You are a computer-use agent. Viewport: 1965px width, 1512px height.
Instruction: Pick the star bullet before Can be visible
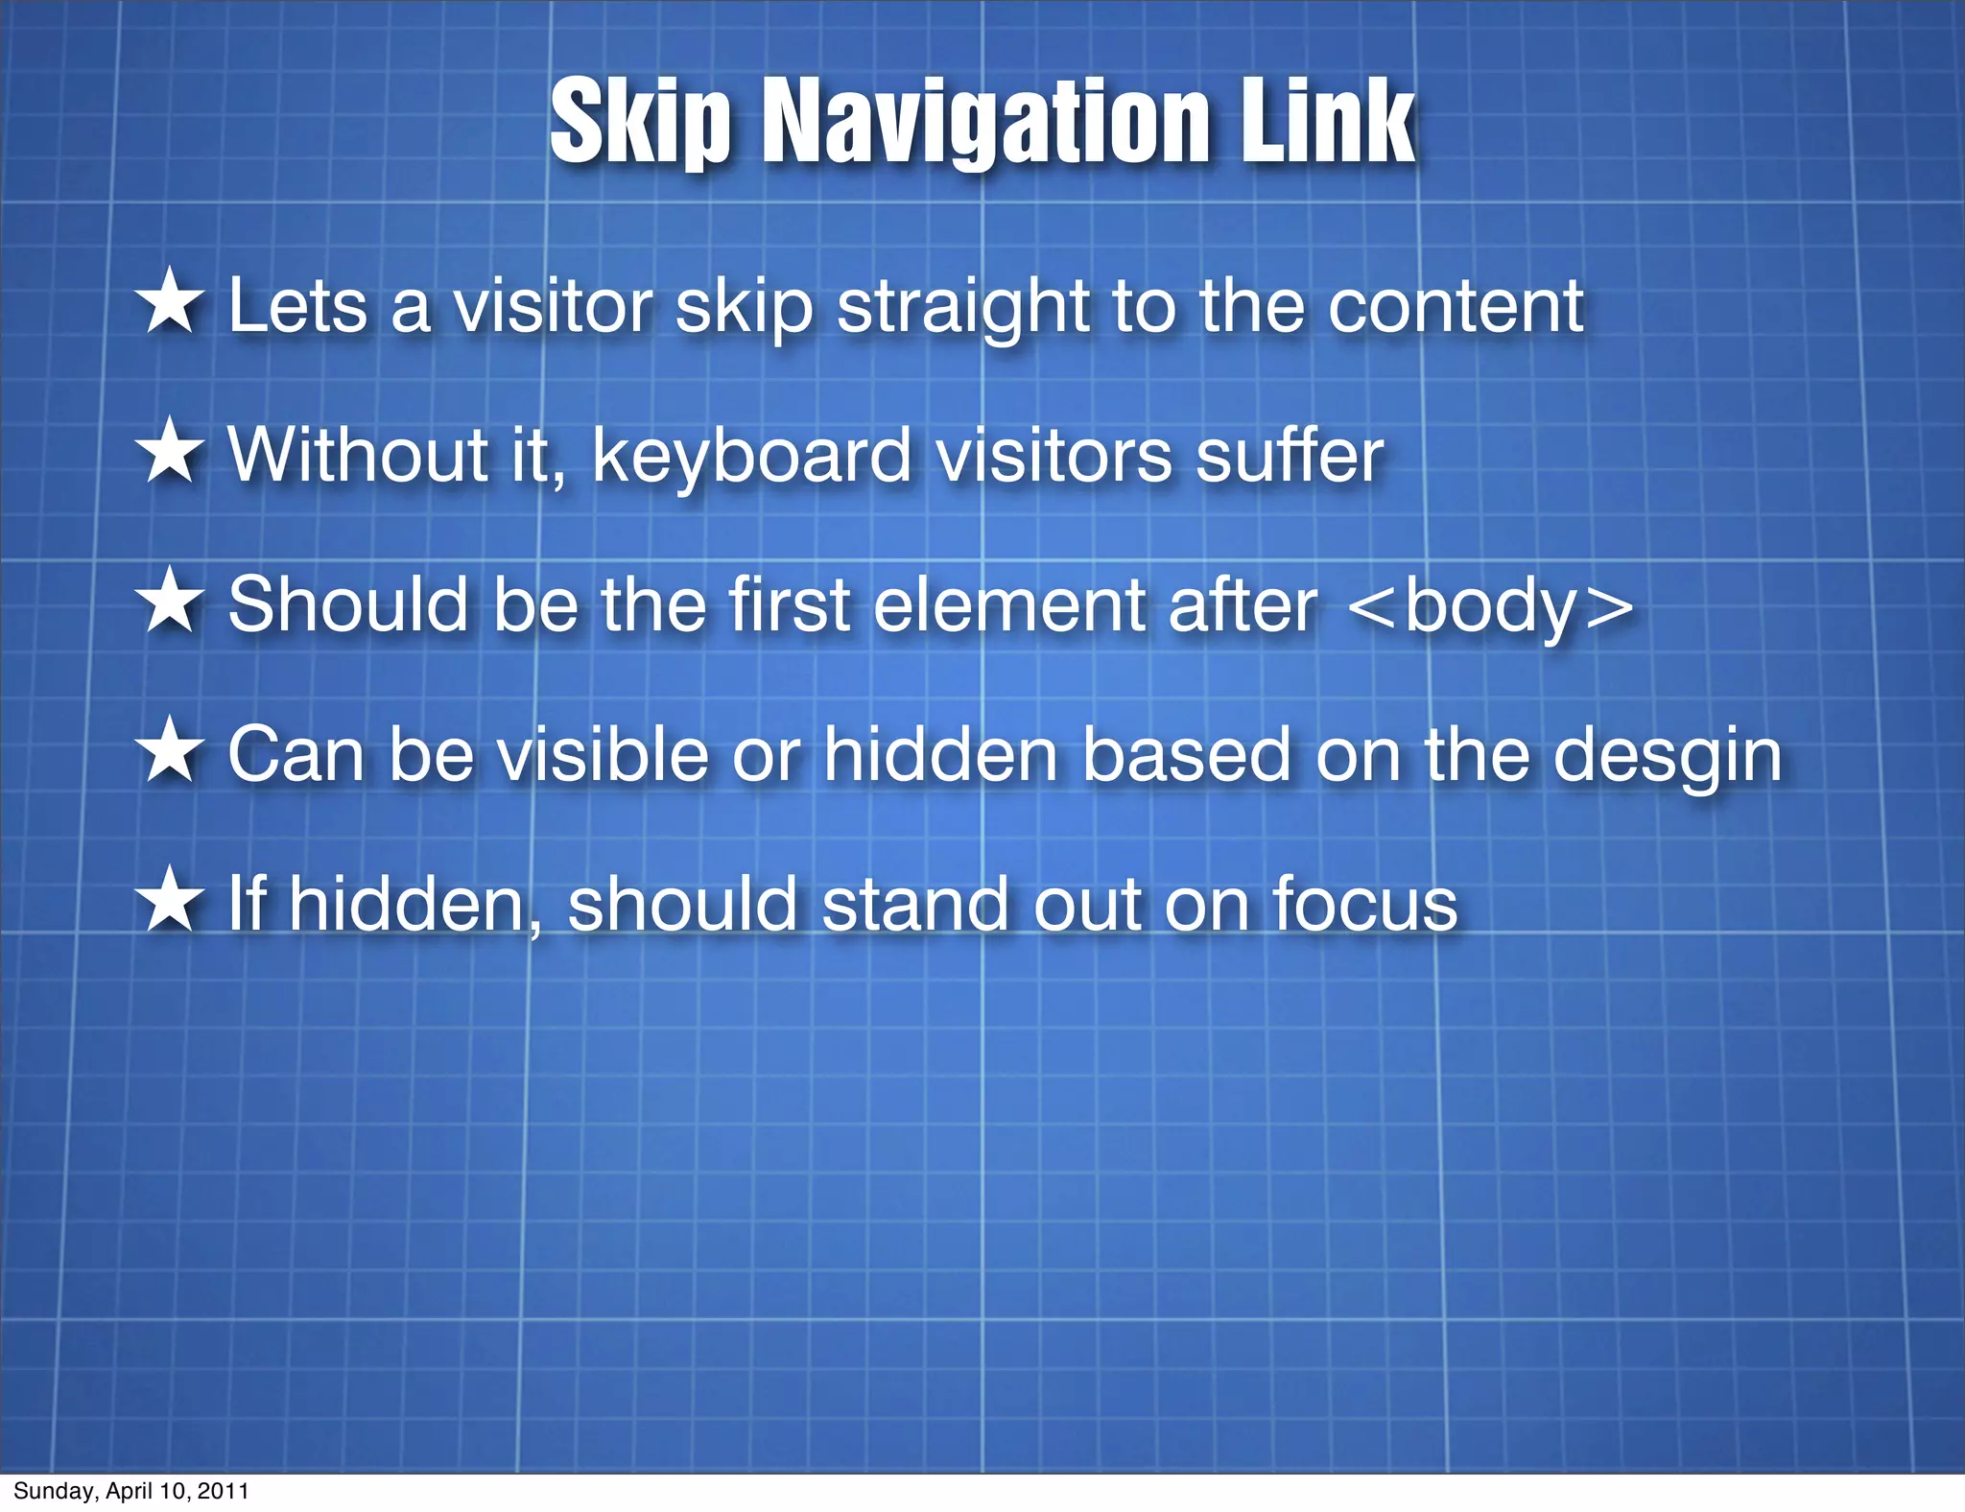point(170,750)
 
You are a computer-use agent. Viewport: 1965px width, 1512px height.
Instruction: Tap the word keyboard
point(751,457)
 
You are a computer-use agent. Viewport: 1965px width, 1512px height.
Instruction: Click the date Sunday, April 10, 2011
point(131,1491)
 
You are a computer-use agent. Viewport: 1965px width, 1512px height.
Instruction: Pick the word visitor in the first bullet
point(553,307)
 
